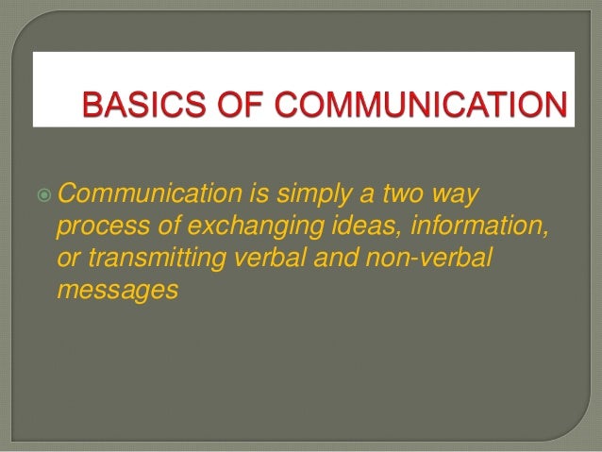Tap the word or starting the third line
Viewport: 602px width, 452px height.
point(68,259)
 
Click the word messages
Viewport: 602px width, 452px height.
point(117,291)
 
